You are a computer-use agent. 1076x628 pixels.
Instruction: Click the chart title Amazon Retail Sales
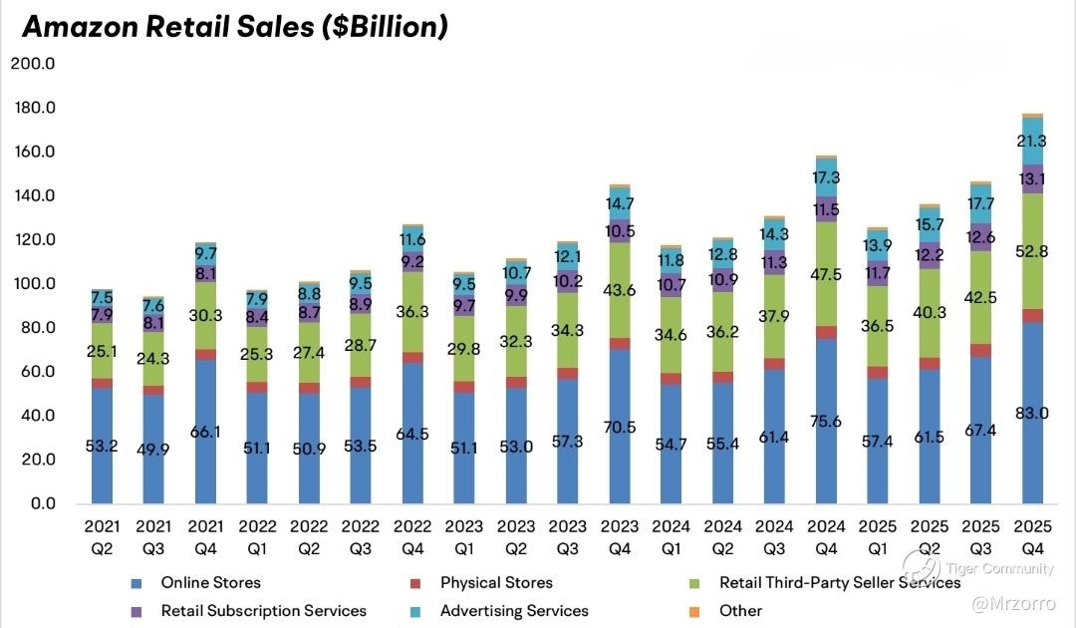click(234, 27)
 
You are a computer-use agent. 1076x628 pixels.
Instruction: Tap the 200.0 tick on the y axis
click(33, 64)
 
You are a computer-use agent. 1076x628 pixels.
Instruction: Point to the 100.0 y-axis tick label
click(33, 284)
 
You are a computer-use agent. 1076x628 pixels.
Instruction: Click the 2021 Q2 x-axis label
click(103, 533)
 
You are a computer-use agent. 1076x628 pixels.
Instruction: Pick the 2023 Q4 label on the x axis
click(620, 533)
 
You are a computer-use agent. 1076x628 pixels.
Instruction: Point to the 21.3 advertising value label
click(1033, 141)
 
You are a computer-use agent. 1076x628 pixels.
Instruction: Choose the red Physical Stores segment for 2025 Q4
click(1033, 316)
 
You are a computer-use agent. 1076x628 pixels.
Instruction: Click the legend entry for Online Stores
click(210, 582)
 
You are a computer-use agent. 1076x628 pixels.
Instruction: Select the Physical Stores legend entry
click(496, 582)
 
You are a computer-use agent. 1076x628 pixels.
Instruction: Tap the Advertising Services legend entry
click(514, 610)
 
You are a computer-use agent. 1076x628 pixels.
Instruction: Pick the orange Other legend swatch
click(695, 610)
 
